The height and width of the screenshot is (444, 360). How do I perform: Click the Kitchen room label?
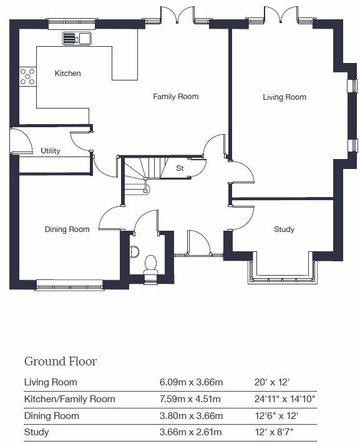tap(67, 74)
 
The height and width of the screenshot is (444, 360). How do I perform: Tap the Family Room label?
tap(176, 97)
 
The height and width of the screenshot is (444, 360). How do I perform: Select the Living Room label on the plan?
tap(284, 97)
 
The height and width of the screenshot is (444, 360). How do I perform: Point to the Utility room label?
tap(51, 151)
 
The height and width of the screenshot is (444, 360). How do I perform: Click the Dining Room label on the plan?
tap(67, 229)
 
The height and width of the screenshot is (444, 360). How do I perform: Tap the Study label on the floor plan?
tap(284, 229)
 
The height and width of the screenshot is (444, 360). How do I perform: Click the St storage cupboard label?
tap(180, 168)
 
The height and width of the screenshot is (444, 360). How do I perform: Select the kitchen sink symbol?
tap(77, 39)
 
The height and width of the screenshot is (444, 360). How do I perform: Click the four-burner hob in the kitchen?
tap(28, 76)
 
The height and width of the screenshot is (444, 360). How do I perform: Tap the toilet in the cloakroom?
tap(150, 263)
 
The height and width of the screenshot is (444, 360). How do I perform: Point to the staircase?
tap(140, 175)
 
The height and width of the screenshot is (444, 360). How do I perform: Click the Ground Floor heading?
tap(61, 361)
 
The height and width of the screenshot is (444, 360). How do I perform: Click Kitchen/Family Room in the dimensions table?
tap(69, 399)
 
